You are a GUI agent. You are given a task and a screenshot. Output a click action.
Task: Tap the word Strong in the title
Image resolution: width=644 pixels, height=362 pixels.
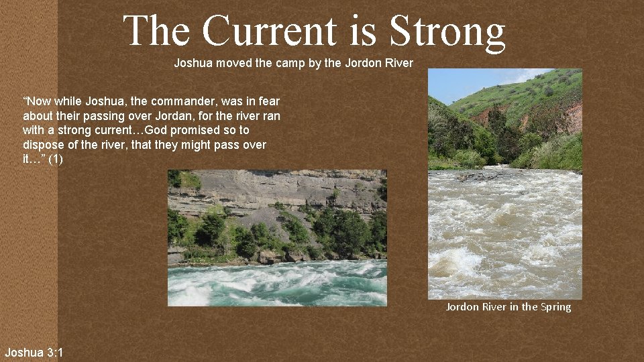447,31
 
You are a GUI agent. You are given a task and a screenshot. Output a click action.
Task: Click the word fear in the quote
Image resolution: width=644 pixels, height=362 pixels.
270,101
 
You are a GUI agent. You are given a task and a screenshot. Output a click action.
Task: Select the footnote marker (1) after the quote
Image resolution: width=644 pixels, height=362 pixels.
56,160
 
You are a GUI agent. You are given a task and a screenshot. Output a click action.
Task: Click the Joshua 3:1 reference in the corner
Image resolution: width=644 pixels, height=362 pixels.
34,352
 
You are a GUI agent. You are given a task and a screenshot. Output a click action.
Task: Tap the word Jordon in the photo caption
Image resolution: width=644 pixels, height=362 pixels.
463,307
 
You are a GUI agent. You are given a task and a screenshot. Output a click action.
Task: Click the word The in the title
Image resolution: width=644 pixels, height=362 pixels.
157,31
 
